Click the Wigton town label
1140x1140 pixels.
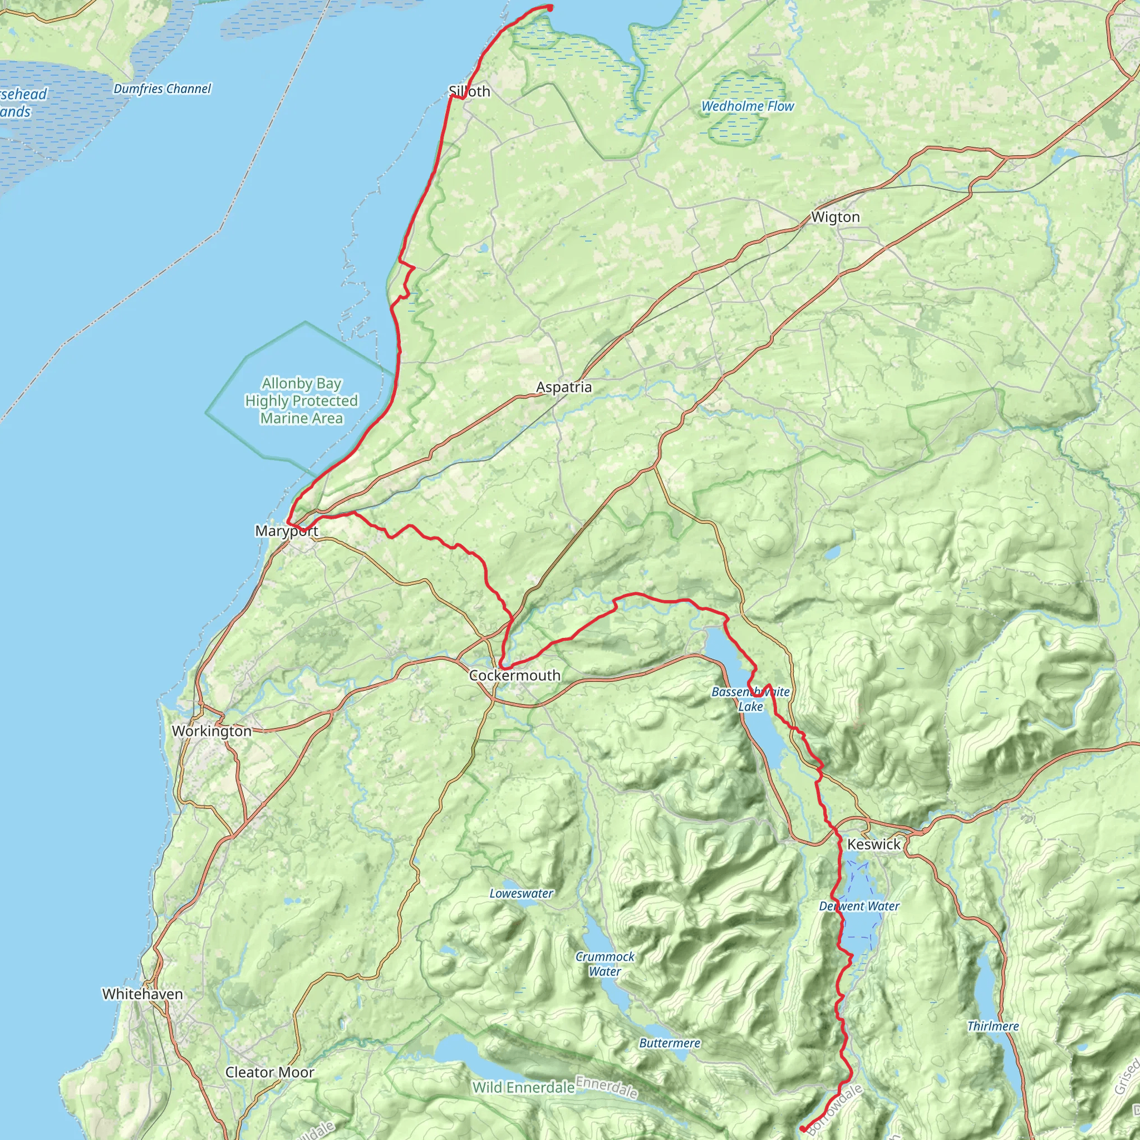coord(835,217)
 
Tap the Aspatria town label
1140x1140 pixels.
coord(563,387)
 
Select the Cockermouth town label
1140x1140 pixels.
coord(514,675)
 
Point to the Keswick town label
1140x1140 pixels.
coord(873,844)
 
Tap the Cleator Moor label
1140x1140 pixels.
coord(269,1072)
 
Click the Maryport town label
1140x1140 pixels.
coord(287,531)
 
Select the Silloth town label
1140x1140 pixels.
coord(469,91)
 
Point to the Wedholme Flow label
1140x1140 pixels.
coord(747,106)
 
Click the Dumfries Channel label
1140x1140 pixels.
coord(163,89)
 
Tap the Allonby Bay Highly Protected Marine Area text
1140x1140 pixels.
coord(302,401)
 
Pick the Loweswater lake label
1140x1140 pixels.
coord(521,893)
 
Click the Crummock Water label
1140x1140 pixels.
coord(605,964)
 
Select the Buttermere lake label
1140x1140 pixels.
coord(670,1043)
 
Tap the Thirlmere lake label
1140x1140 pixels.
coord(993,1026)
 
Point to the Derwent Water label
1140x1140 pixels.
coord(859,906)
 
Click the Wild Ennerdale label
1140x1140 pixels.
coord(523,1087)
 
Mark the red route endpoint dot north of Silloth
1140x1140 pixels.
coord(549,8)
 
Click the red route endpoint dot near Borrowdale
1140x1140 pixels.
coord(803,1129)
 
